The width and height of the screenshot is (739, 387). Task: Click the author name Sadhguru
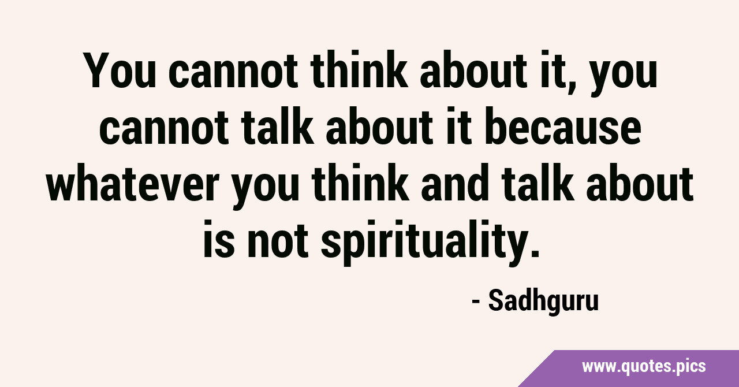tap(543, 301)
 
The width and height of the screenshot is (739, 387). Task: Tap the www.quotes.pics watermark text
tap(644, 367)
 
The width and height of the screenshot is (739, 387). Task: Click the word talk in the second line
tap(279, 127)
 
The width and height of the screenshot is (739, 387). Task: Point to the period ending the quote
tap(534, 253)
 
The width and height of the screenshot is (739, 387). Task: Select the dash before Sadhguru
tap(476, 302)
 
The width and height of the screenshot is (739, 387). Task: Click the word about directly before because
tap(379, 127)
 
